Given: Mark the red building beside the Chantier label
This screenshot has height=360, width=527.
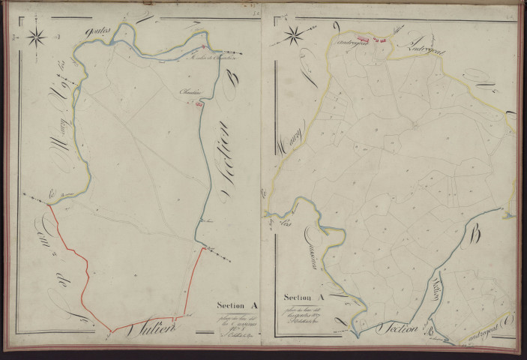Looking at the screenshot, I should (199, 106).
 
